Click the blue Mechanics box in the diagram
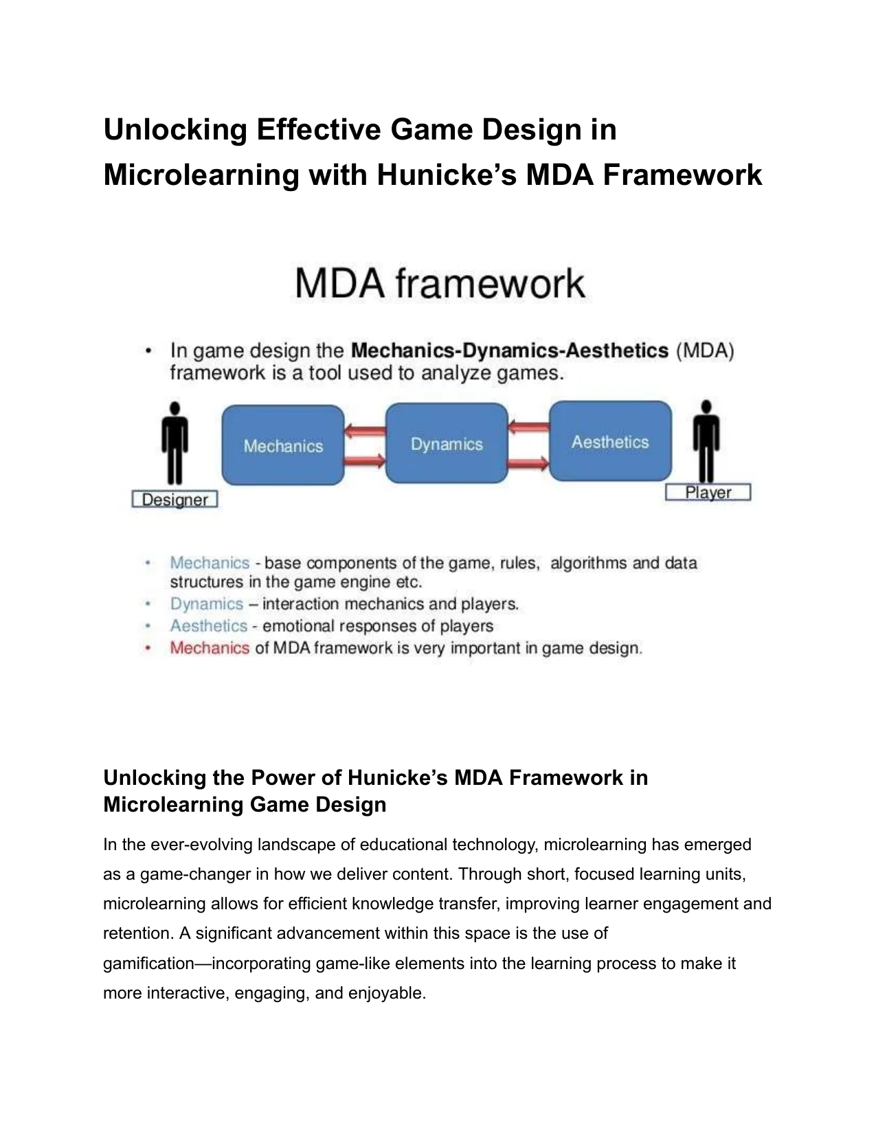[x=283, y=445]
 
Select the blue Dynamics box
[x=447, y=443]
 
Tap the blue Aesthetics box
[x=610, y=441]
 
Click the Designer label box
[x=175, y=499]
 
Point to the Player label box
[x=708, y=492]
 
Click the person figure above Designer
[x=175, y=443]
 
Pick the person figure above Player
[x=706, y=441]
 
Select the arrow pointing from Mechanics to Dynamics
[x=365, y=460]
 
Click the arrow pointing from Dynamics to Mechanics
[x=365, y=431]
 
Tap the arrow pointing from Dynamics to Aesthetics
[x=528, y=463]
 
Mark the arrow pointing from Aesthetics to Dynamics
[x=528, y=427]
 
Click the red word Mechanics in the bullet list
[x=210, y=647]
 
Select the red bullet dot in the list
[x=148, y=648]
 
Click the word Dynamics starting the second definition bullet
[x=207, y=604]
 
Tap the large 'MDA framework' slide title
[x=440, y=283]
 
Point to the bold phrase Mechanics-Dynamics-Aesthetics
[x=510, y=351]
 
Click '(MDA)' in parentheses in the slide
[x=706, y=351]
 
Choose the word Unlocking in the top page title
[x=175, y=129]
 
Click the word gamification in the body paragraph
[x=148, y=964]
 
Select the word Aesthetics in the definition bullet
[x=209, y=625]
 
